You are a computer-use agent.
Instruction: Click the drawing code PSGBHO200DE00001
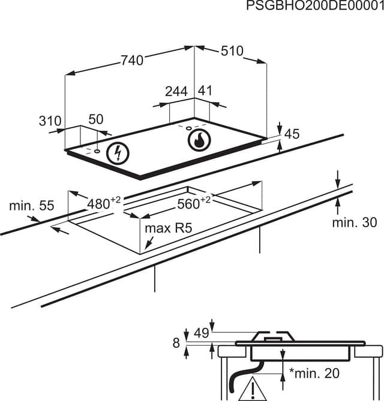(315, 6)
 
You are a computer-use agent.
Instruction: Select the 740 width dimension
(132, 60)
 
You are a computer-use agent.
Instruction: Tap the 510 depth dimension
(232, 51)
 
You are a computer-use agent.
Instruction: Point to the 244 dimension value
(176, 91)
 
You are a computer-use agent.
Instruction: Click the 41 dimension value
(205, 91)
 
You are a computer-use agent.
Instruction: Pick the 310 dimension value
(50, 121)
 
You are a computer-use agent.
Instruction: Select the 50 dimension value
(96, 119)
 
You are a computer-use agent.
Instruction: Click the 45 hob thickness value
(292, 134)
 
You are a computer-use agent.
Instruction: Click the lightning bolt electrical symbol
(118, 153)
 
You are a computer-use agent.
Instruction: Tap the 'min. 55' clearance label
(31, 206)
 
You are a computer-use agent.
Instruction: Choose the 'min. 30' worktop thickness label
(355, 223)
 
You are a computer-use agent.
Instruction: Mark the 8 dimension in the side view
(176, 343)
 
